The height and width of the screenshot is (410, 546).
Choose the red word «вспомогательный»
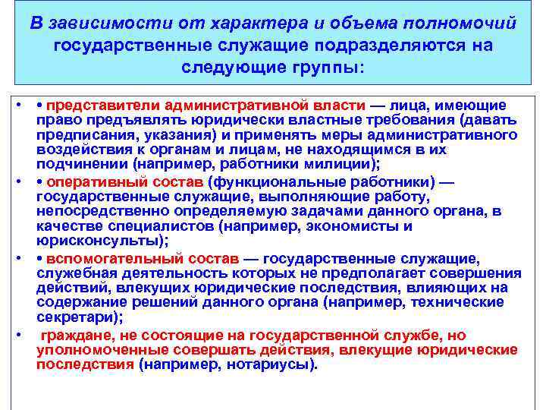105,260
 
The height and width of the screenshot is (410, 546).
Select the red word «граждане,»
75,336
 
